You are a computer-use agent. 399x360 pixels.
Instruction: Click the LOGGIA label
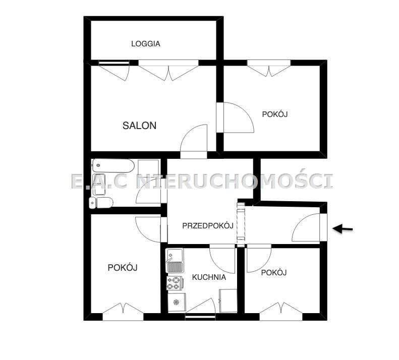146,44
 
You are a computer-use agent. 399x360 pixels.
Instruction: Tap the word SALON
139,126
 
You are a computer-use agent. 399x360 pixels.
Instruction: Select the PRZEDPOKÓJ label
207,225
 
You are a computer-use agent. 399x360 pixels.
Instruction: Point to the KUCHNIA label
209,277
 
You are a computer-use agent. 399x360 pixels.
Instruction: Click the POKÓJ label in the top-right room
274,114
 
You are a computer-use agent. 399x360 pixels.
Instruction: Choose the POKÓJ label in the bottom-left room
123,267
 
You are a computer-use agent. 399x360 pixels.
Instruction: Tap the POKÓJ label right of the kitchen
274,272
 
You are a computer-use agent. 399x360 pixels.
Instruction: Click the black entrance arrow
343,229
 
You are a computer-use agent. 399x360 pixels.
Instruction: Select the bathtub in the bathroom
113,166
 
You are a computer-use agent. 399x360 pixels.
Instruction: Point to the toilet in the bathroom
101,203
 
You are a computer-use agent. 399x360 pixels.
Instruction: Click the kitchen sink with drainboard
175,261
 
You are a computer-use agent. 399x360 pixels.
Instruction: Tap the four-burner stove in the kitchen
175,283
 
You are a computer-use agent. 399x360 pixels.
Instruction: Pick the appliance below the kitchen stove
176,302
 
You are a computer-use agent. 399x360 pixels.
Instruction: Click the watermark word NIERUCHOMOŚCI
235,181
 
